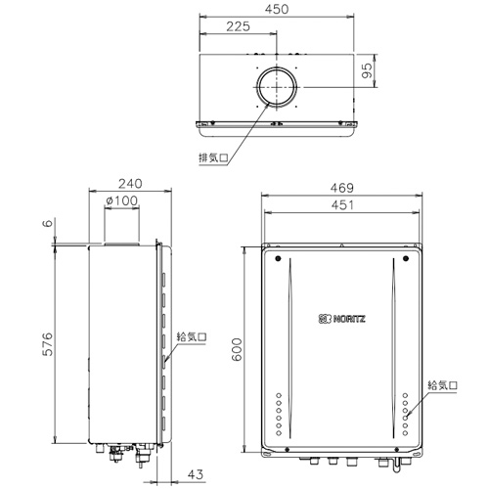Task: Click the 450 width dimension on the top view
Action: (279, 11)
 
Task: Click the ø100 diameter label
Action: (120, 201)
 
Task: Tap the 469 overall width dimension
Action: (341, 188)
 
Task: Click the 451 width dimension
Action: (341, 205)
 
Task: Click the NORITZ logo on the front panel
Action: (341, 318)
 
